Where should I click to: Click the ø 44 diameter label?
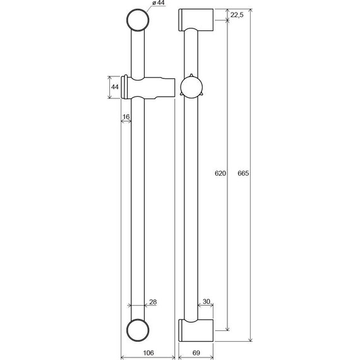pos(159,3)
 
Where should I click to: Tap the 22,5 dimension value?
pos(237,15)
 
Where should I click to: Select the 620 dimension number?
pos(220,173)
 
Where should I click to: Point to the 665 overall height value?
pos(243,173)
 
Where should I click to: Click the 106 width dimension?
pos(148,352)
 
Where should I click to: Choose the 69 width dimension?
pos(196,352)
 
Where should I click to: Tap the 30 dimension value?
pos(207,301)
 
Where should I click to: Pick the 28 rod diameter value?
pos(153,302)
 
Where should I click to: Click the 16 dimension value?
pos(126,117)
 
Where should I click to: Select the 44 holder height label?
pos(115,87)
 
